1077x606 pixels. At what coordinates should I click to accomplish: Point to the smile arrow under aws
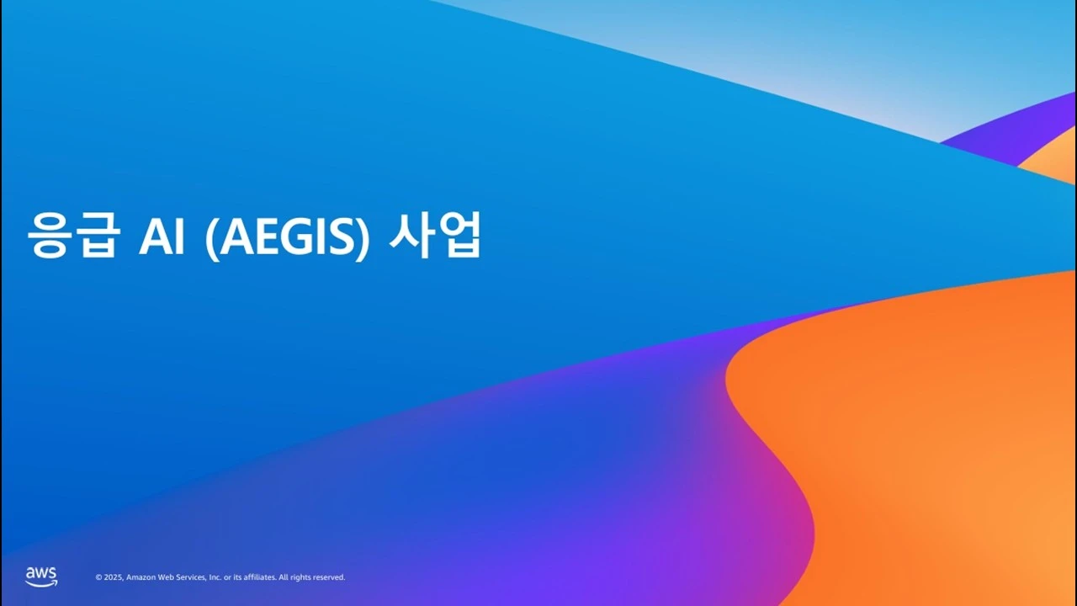pos(41,582)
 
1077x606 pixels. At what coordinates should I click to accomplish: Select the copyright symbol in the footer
pos(98,577)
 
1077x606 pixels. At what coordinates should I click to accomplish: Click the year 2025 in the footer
pos(113,577)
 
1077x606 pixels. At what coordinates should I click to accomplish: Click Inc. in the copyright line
pos(215,577)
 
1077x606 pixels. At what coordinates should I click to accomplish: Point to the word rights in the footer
pos(299,577)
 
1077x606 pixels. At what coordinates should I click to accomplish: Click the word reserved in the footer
pos(329,577)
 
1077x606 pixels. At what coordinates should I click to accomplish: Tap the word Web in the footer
pos(165,577)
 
